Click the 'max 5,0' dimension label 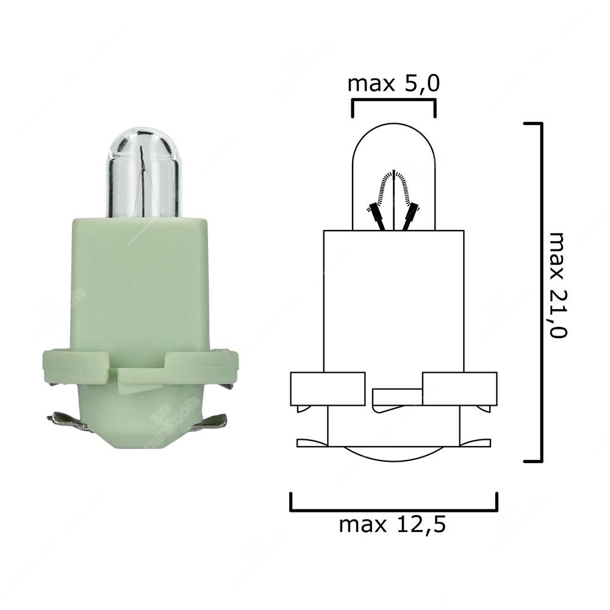[x=393, y=84]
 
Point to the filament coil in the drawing [x=393, y=183]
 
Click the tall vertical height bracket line [x=540, y=293]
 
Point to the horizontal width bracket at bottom [x=393, y=509]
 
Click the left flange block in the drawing [x=328, y=389]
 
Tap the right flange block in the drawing [x=459, y=389]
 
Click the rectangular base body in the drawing [x=393, y=299]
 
